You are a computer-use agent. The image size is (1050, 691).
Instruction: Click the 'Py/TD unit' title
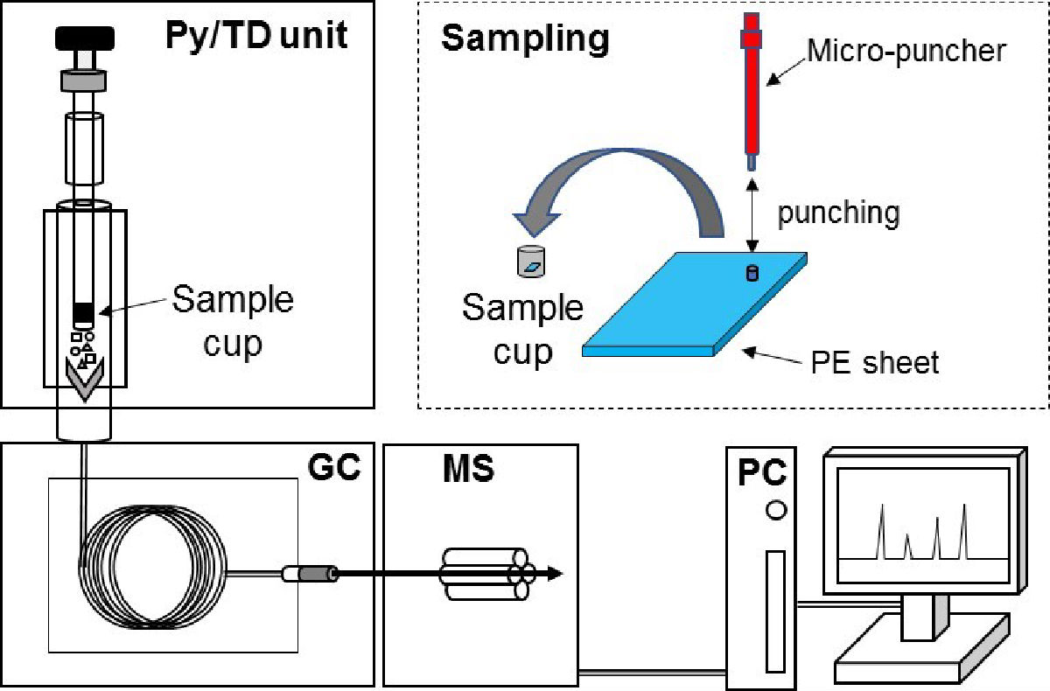[x=256, y=36]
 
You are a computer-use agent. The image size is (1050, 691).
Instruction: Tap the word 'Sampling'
[x=526, y=40]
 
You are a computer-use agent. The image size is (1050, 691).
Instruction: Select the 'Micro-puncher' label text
[x=906, y=51]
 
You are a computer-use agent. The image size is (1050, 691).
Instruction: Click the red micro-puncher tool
[x=752, y=91]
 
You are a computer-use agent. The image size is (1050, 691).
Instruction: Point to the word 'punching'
[x=838, y=213]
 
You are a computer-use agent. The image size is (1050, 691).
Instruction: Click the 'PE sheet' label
[x=875, y=362]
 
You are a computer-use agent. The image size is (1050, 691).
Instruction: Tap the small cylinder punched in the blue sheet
[x=752, y=273]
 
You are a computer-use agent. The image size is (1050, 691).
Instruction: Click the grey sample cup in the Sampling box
[x=531, y=262]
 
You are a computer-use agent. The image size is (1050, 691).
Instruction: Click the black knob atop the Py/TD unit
[x=85, y=38]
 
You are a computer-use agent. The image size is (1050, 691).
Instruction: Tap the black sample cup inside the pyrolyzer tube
[x=83, y=315]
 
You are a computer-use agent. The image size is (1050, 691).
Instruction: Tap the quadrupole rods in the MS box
[x=487, y=574]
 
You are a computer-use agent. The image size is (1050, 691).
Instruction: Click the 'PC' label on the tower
[x=762, y=472]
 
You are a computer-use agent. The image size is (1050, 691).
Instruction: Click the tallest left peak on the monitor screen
[x=883, y=531]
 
